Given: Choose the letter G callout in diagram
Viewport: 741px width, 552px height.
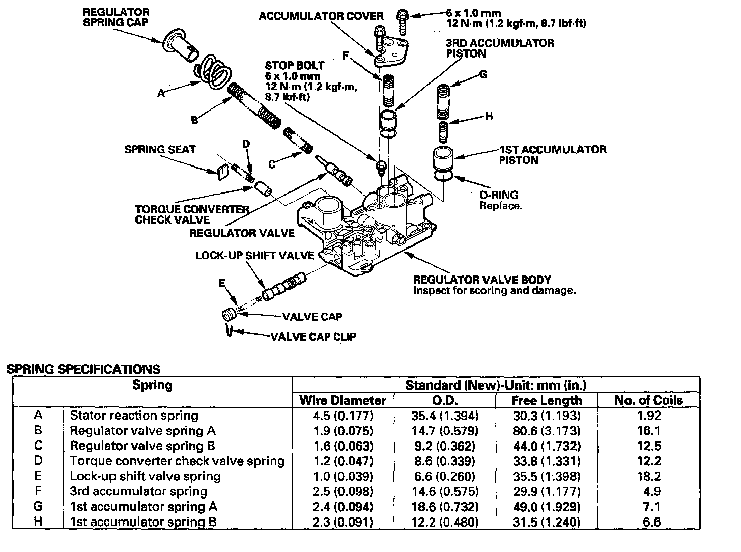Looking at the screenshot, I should click(x=483, y=74).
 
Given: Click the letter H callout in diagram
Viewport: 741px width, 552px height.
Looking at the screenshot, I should click(x=489, y=117).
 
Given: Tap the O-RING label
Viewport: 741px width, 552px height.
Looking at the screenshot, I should click(x=499, y=195).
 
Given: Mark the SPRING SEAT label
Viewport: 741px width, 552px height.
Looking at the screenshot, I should click(x=160, y=149).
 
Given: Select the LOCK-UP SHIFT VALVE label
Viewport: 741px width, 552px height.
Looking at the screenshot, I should click(x=254, y=255).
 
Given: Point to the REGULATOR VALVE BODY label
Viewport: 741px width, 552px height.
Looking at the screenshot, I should click(x=482, y=280).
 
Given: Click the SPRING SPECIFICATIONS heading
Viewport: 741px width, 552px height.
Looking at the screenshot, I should click(x=83, y=369).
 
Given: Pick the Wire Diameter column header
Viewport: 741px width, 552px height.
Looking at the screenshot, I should click(x=343, y=400).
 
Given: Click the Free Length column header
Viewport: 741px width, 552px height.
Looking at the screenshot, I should click(x=546, y=400).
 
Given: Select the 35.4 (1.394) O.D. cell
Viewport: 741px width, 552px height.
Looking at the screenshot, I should click(x=445, y=416).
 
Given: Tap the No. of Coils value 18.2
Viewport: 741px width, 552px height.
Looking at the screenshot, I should click(x=648, y=477).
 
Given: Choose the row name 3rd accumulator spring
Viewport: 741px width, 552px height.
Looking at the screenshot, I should click(x=138, y=491).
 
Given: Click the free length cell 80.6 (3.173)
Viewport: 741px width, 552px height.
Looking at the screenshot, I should click(x=546, y=431).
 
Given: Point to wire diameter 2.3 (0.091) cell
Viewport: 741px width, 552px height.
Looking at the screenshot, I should click(x=343, y=522).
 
